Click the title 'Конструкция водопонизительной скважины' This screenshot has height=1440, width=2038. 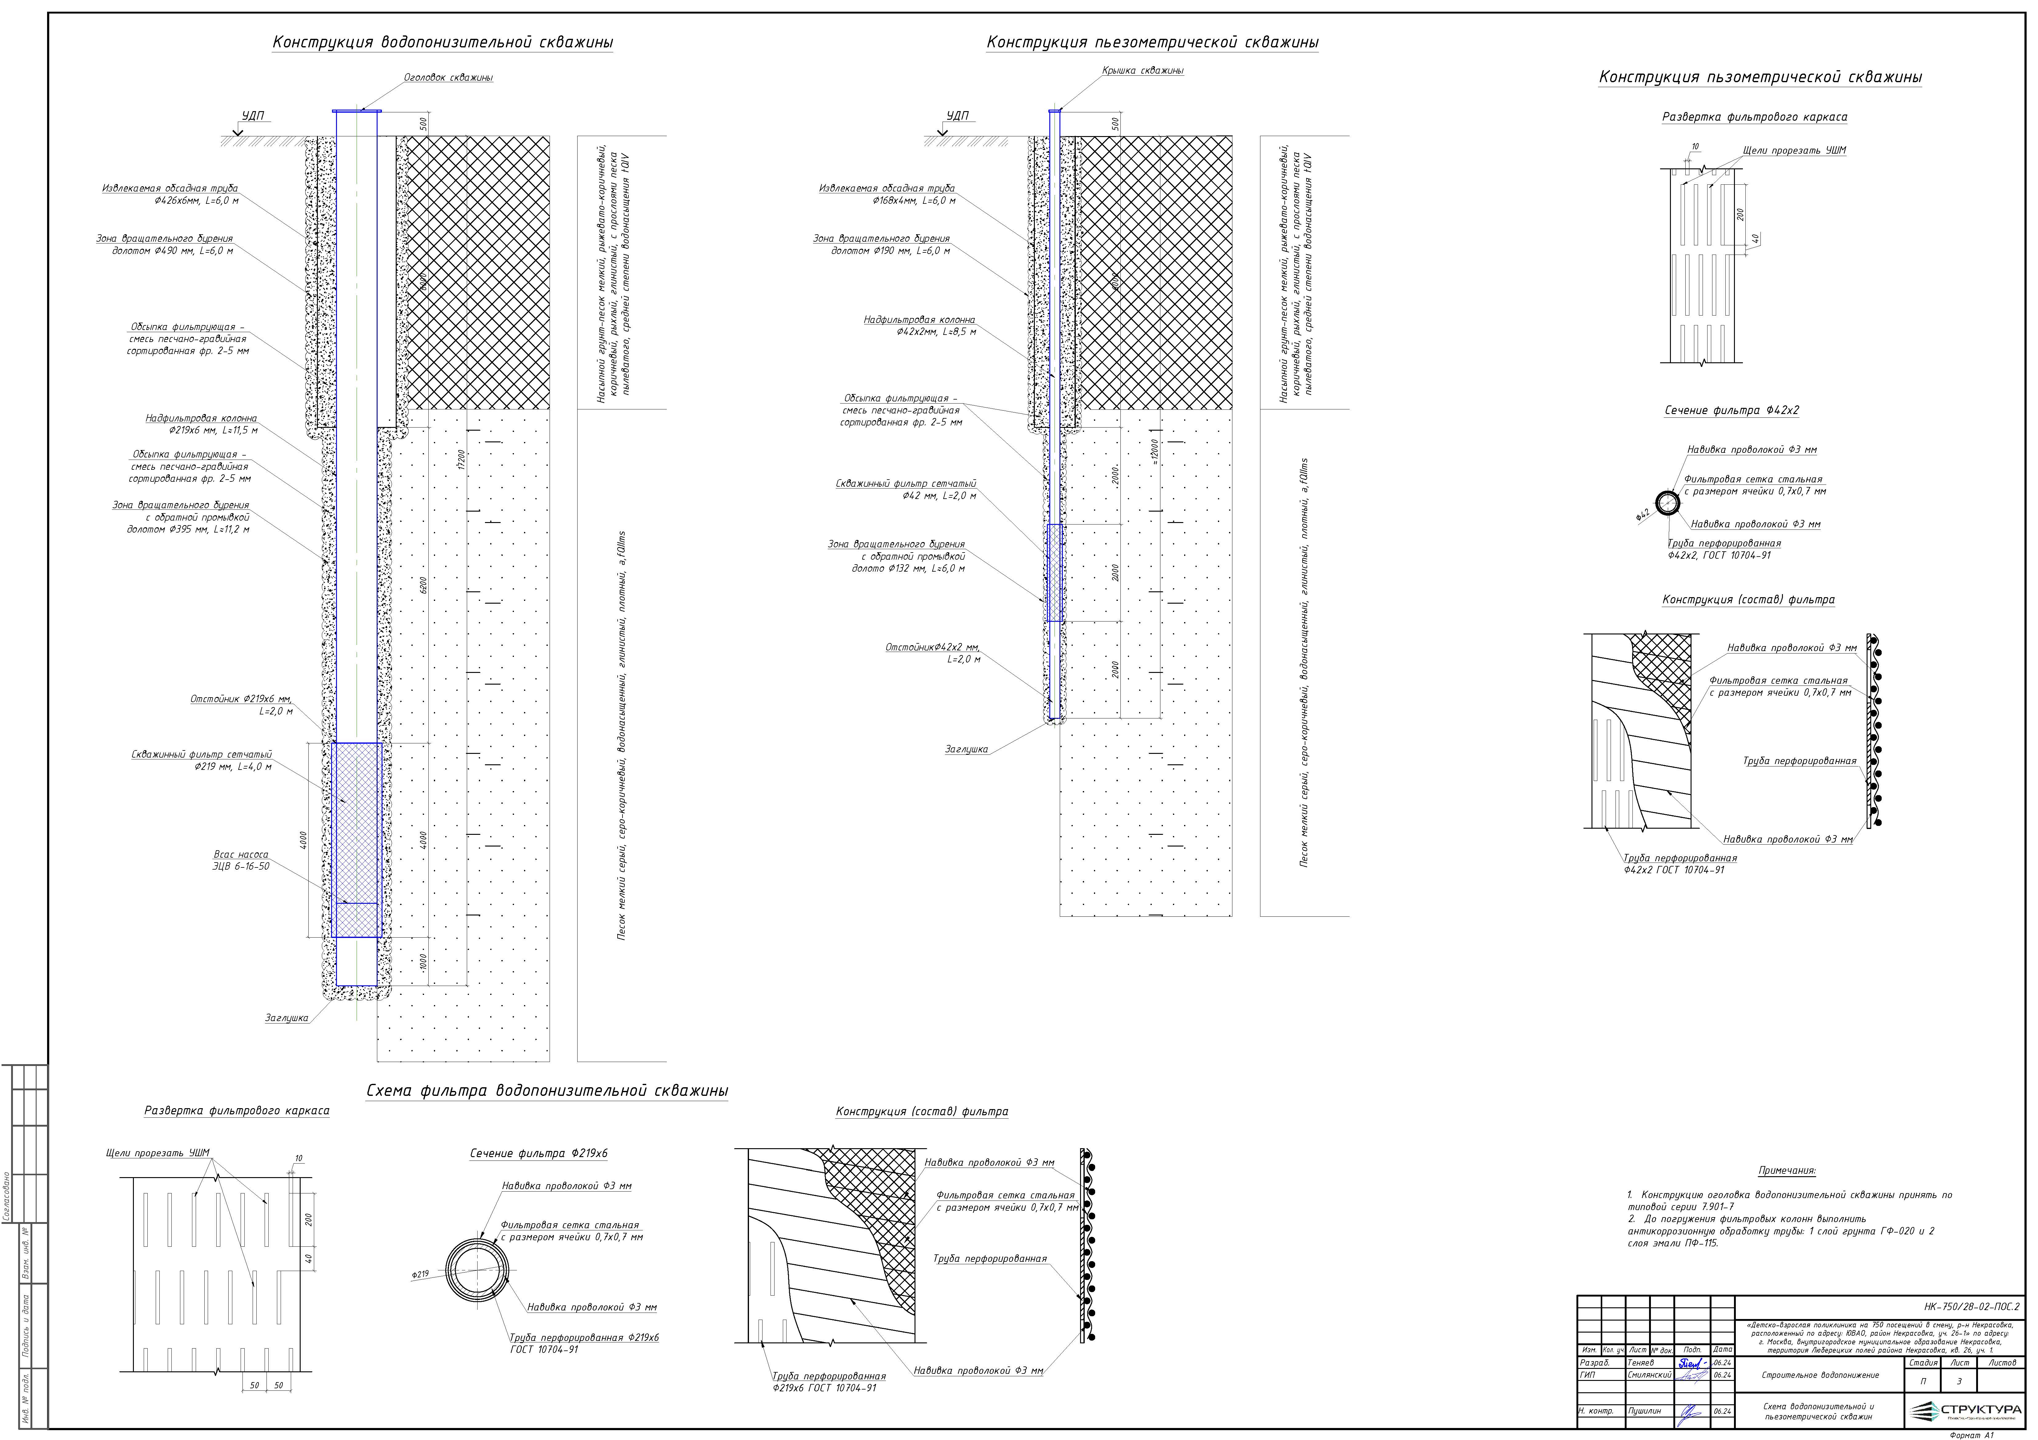point(442,42)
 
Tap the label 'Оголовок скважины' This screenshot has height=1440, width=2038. point(448,78)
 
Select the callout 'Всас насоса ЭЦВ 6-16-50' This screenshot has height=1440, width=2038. point(241,860)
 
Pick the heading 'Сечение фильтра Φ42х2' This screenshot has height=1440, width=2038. point(1731,410)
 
